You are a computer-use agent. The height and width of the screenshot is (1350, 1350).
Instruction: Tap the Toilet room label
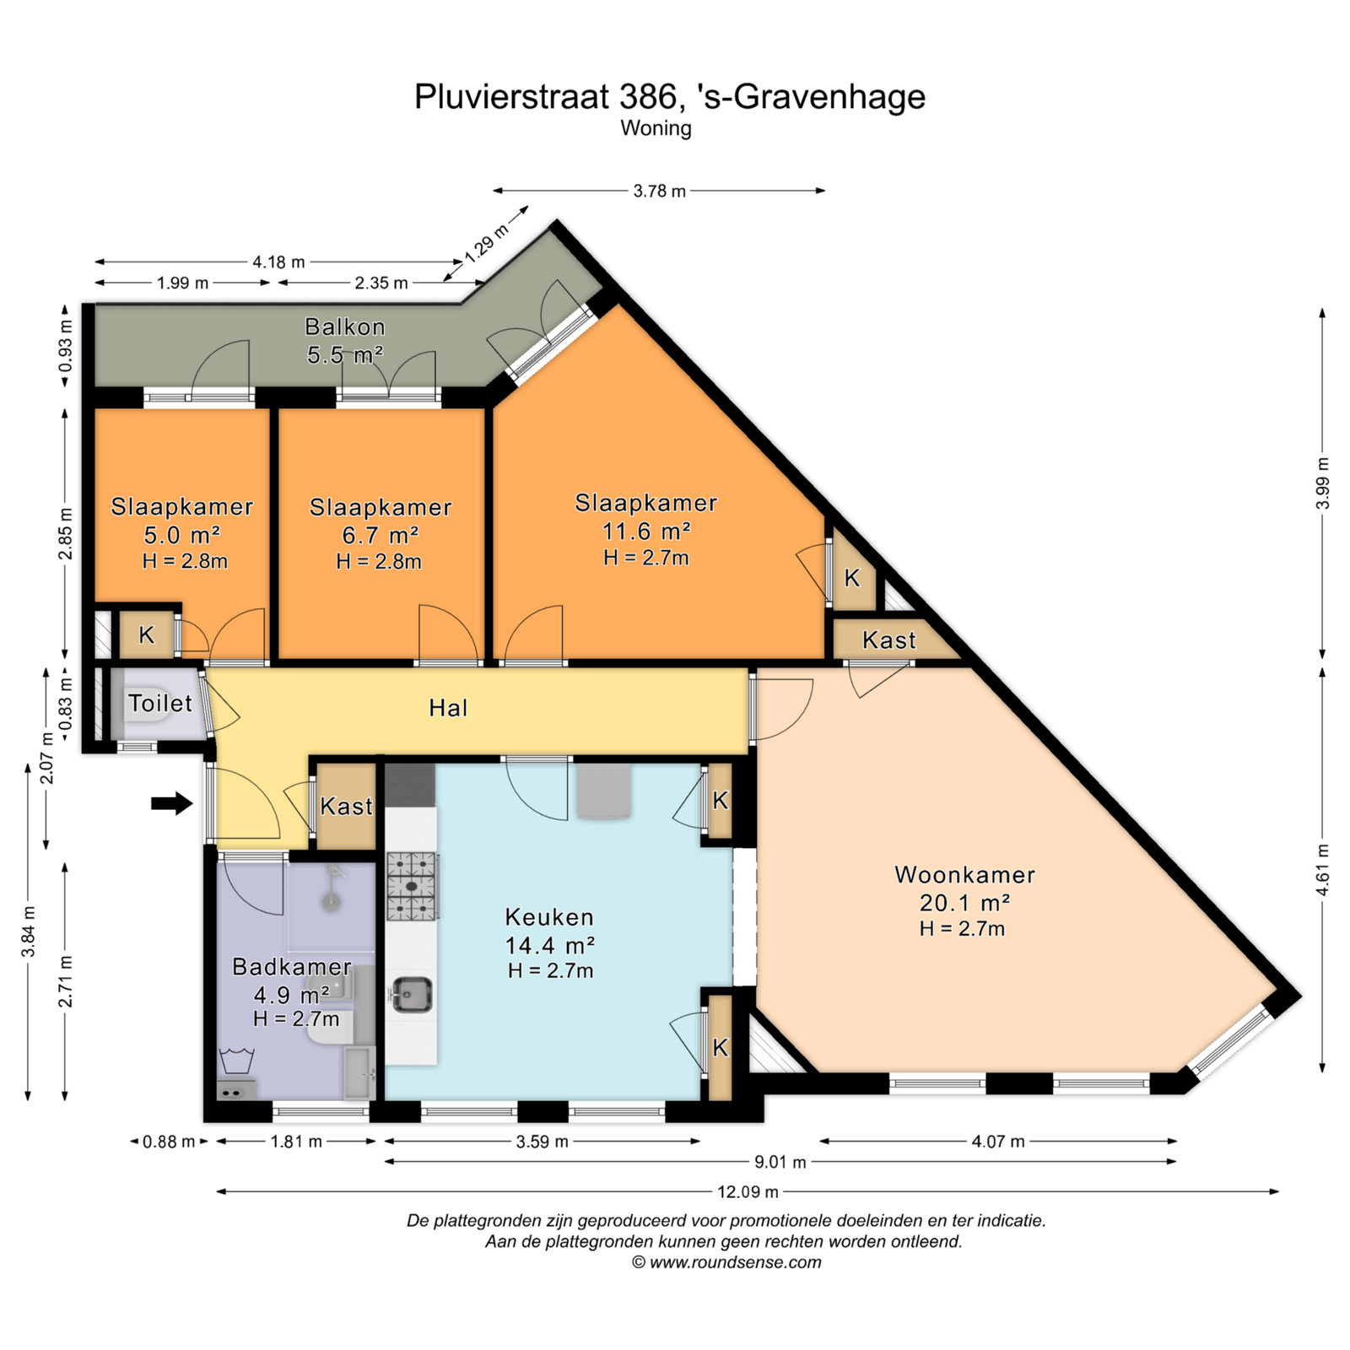[160, 703]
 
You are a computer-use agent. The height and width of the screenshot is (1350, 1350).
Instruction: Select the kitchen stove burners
[413, 886]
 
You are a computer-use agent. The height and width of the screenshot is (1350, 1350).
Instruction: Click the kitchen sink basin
[413, 994]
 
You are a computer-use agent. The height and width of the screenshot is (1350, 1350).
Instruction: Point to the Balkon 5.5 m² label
[345, 341]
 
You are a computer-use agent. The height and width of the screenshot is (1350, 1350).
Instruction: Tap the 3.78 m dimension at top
[660, 191]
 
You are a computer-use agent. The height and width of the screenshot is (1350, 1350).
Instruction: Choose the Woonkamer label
[964, 875]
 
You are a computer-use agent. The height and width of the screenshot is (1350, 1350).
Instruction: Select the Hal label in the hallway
[448, 708]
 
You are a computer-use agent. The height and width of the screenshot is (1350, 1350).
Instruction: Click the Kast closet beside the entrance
[346, 807]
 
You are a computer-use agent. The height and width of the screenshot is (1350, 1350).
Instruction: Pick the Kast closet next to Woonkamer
[889, 640]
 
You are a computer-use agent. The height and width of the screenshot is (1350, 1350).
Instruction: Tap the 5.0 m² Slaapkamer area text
[181, 535]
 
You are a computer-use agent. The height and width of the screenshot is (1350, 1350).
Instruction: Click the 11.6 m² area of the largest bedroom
[646, 532]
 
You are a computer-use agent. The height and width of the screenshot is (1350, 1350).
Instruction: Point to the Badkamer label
[292, 967]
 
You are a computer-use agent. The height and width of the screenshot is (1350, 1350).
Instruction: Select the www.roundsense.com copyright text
[726, 1263]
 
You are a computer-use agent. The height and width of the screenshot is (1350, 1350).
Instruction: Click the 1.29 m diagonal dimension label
[487, 243]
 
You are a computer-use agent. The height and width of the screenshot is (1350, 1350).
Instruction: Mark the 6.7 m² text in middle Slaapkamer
[381, 535]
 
